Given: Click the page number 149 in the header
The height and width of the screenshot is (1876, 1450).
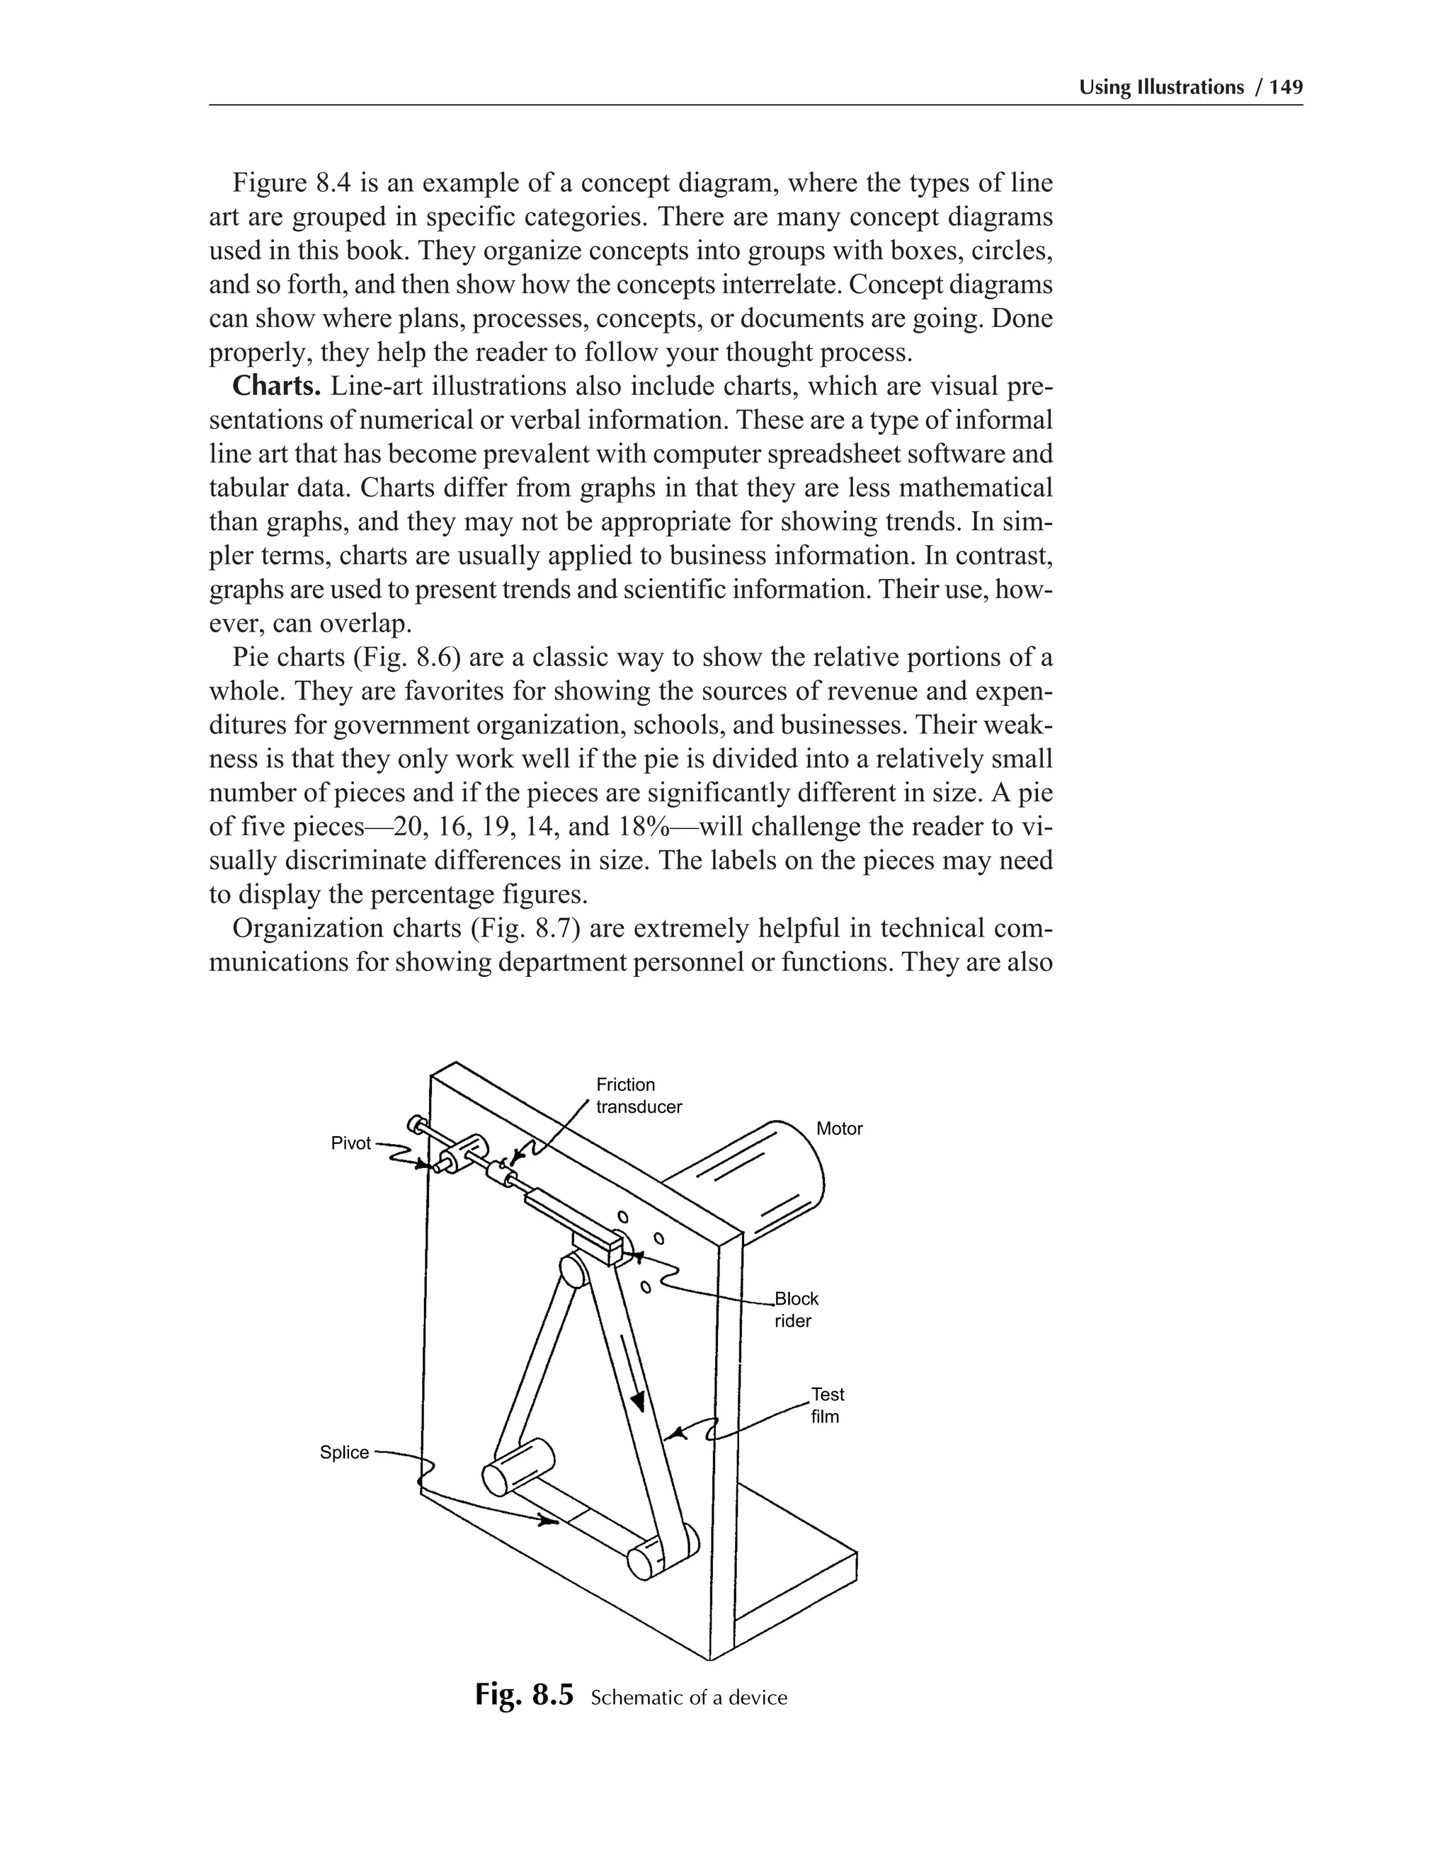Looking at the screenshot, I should (1285, 87).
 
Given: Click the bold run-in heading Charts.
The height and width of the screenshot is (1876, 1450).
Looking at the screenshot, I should (277, 387).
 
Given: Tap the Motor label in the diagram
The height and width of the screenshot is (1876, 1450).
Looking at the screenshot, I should (838, 1128).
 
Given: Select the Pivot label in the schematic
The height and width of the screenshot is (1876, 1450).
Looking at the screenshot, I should (350, 1143).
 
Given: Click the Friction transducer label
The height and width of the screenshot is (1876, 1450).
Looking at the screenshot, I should (638, 1095).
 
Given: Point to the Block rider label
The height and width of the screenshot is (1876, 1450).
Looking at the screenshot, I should (794, 1310).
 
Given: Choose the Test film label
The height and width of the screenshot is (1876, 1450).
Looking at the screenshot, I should (826, 1405).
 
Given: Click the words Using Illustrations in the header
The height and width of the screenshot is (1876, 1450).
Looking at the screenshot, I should (1160, 87).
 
